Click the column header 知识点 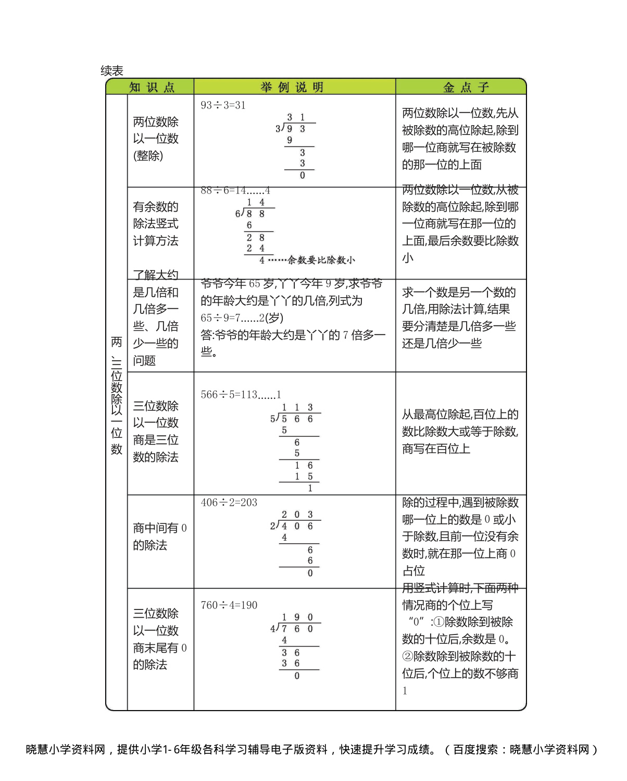[152, 87]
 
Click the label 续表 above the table [112, 71]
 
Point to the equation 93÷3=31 [223, 105]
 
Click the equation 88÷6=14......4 [235, 191]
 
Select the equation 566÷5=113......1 [241, 395]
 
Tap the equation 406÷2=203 [229, 503]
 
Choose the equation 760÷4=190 [229, 605]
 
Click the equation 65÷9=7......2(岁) [242, 318]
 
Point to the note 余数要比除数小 [321, 260]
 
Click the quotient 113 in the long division [297, 408]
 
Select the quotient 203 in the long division [297, 515]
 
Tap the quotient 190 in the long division [297, 617]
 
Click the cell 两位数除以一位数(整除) [156, 139]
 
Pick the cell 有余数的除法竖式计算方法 [156, 224]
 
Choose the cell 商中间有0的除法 [159, 536]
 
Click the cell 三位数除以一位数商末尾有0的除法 [159, 639]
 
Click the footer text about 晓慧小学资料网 [312, 750]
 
